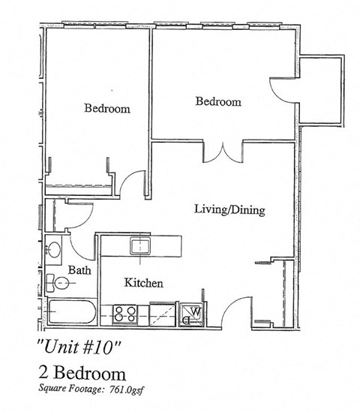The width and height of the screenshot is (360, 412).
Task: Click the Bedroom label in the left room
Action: [x=106, y=109]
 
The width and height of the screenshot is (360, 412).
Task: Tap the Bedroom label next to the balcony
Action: [x=218, y=102]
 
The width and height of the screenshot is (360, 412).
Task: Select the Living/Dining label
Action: [x=229, y=210]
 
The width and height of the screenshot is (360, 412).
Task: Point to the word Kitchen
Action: [x=143, y=283]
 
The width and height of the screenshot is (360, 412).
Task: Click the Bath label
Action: [x=79, y=269]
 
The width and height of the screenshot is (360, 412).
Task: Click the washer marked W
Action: [x=191, y=313]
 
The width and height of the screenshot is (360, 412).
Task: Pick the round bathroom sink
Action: [x=54, y=248]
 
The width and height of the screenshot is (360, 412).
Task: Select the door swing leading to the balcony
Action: [x=282, y=90]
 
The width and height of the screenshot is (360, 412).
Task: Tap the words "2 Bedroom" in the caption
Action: [x=82, y=372]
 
